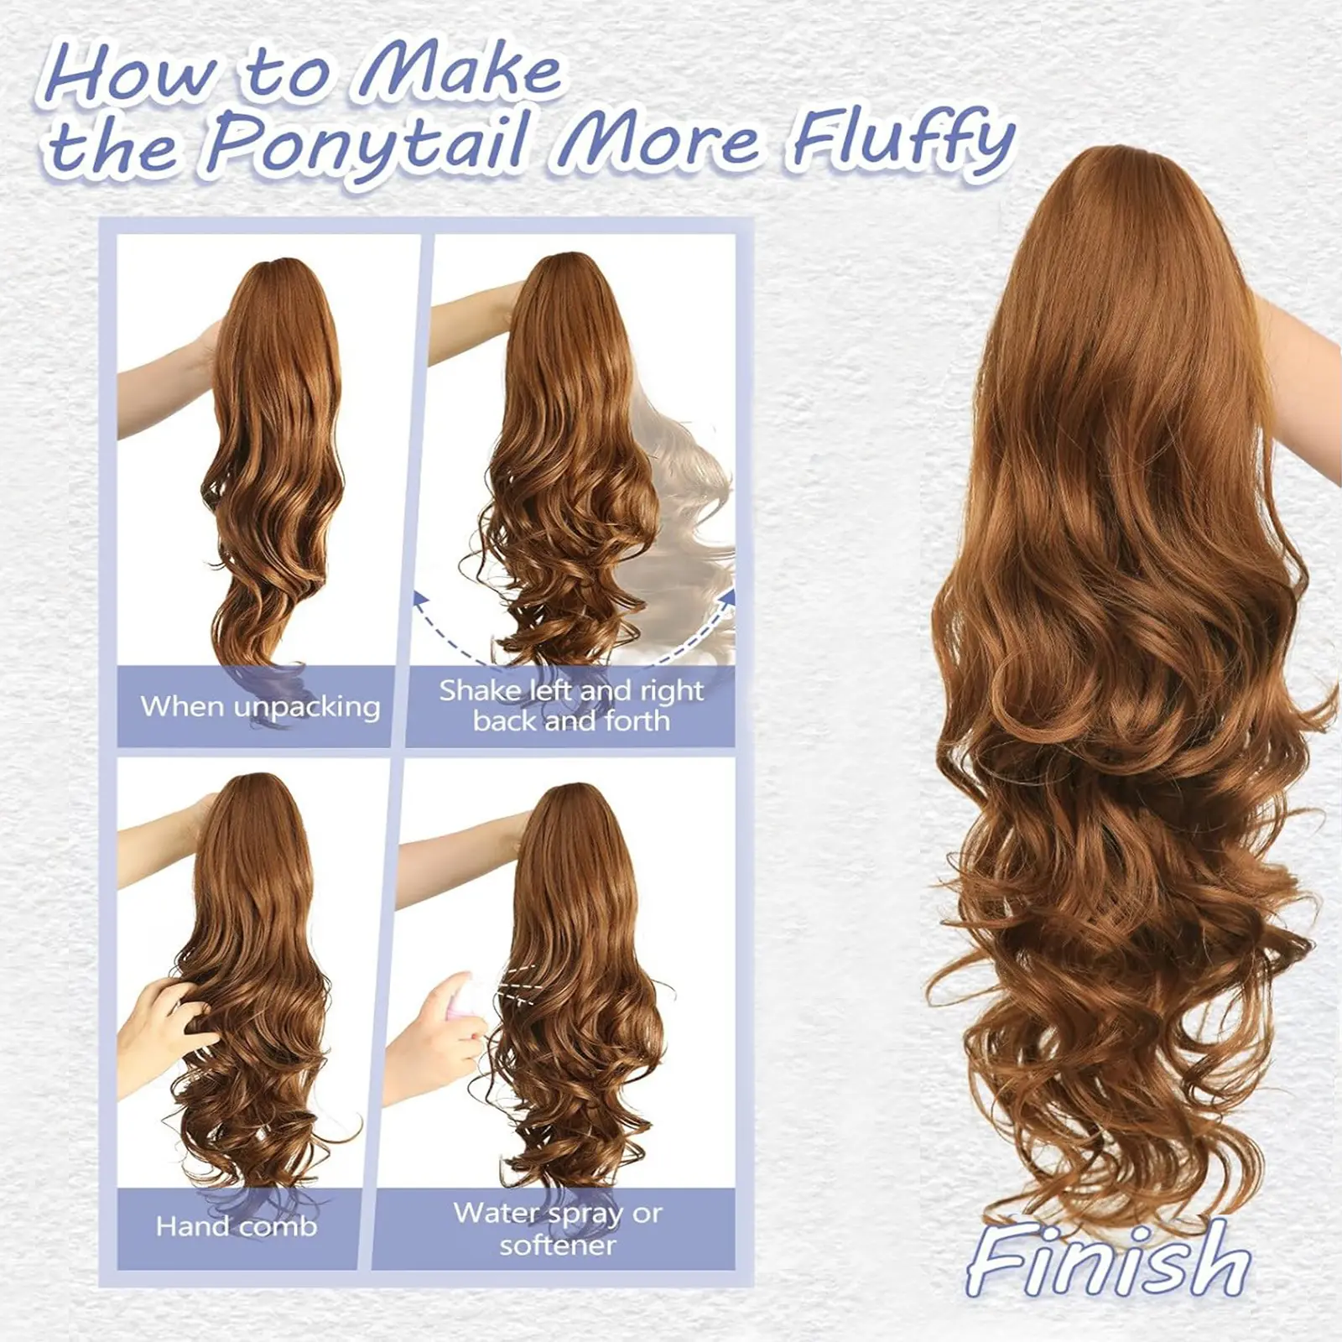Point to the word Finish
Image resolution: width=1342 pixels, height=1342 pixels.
(x=1108, y=1259)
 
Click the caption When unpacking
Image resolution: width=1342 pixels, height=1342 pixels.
(x=260, y=706)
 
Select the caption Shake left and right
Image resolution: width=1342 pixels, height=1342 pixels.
(x=571, y=690)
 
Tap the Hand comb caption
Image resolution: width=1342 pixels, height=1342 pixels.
(x=237, y=1226)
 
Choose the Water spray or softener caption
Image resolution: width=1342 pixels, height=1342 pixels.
(x=558, y=1229)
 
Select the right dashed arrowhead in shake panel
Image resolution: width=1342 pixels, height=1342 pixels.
(x=727, y=596)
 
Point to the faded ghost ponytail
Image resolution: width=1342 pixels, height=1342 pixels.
(x=684, y=512)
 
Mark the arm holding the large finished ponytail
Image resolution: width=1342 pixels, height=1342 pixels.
(x=1300, y=377)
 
